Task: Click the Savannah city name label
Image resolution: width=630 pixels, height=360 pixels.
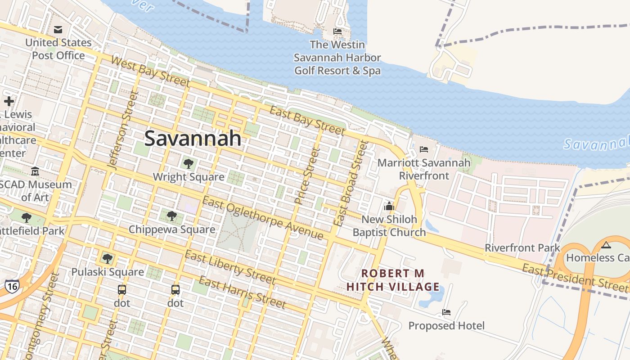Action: click(x=193, y=138)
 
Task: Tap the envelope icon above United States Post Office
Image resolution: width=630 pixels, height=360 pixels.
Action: click(x=58, y=30)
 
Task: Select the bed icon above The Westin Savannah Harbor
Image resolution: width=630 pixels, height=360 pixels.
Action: click(x=337, y=31)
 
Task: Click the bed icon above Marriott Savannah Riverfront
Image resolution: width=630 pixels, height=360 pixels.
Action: click(x=423, y=149)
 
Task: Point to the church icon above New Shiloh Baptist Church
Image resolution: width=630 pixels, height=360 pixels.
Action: click(x=389, y=206)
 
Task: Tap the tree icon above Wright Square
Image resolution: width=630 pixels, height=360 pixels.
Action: click(x=188, y=164)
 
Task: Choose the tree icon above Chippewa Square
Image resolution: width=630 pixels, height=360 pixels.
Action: click(x=171, y=216)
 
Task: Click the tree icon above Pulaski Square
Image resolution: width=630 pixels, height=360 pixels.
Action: click(x=107, y=258)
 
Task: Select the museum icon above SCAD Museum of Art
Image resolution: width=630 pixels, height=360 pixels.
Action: click(x=35, y=171)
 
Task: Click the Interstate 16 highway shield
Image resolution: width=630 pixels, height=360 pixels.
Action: click(x=12, y=285)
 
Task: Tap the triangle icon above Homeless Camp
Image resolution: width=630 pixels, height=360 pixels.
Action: click(x=606, y=245)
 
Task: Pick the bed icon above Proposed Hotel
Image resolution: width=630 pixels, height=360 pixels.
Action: click(x=446, y=312)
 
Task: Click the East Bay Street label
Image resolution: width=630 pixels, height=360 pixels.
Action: click(x=307, y=120)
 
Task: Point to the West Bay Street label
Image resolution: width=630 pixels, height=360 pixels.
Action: click(x=150, y=71)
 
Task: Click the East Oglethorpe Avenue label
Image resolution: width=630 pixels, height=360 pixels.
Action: click(x=262, y=218)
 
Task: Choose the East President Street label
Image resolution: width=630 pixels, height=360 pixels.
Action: click(x=575, y=277)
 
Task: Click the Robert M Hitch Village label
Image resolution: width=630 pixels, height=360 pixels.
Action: click(x=393, y=280)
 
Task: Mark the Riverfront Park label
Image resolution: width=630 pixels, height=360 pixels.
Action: click(x=522, y=247)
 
